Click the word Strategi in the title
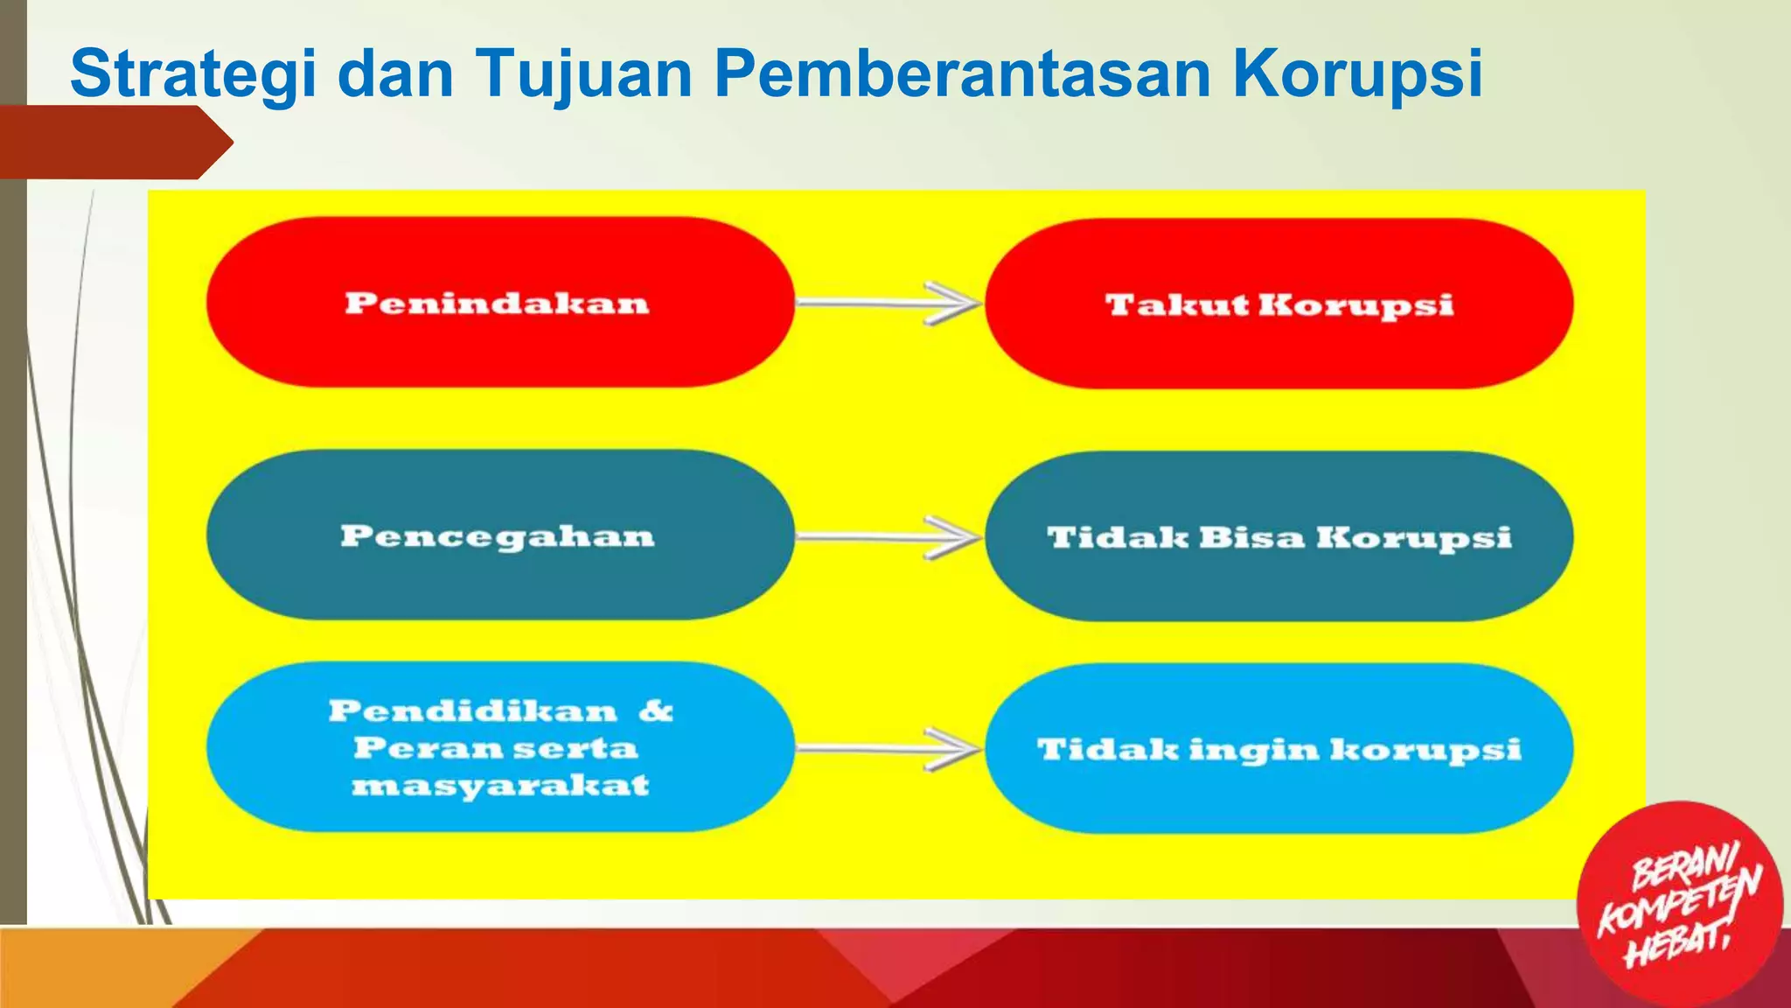click(x=193, y=74)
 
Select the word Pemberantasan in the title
click(x=963, y=73)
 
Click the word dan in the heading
click(x=395, y=73)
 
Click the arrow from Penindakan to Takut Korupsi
click(x=889, y=304)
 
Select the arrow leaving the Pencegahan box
click(x=889, y=536)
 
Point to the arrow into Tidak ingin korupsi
click(x=889, y=749)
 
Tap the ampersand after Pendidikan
click(x=656, y=710)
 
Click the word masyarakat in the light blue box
click(x=500, y=785)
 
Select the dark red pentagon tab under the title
click(x=114, y=143)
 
